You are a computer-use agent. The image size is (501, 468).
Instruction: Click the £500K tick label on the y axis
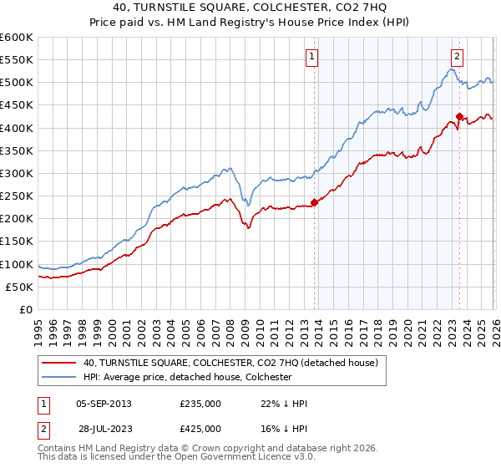(x=17, y=83)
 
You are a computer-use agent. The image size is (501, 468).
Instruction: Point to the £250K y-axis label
(x=17, y=196)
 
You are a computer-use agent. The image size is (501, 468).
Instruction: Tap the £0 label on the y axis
(x=24, y=310)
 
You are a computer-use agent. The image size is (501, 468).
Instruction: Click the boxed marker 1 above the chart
(x=311, y=57)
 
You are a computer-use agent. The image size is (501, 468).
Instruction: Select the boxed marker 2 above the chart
(x=458, y=57)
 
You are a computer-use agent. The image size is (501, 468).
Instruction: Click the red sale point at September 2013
(x=315, y=201)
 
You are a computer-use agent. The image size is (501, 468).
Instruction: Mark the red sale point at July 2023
(x=460, y=116)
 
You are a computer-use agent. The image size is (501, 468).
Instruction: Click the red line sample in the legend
(x=59, y=363)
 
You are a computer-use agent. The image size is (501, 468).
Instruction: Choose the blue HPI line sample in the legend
(x=59, y=377)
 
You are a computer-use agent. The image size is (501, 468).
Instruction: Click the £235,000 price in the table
(x=200, y=404)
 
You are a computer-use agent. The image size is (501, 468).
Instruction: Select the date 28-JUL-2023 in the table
(x=108, y=428)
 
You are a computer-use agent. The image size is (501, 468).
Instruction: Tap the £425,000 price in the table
(x=200, y=428)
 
